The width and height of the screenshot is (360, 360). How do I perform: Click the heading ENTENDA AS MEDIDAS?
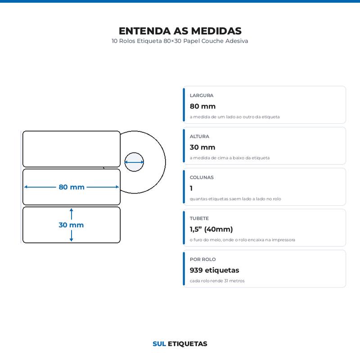click(180, 31)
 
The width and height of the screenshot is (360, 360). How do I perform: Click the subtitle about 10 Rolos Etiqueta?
click(180, 41)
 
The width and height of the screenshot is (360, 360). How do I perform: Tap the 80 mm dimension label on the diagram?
click(72, 187)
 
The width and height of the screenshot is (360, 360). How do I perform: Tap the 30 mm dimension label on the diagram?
click(71, 225)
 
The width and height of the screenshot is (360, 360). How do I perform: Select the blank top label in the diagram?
click(72, 149)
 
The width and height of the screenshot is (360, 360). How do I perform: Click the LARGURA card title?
click(202, 95)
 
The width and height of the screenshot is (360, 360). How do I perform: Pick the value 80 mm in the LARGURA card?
click(202, 106)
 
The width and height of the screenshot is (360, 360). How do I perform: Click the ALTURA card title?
click(199, 137)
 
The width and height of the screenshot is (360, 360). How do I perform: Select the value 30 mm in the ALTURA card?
click(202, 148)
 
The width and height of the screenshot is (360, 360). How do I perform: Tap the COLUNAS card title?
click(202, 177)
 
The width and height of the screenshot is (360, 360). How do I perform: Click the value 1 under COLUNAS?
click(191, 188)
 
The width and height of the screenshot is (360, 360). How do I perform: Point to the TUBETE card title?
click(199, 219)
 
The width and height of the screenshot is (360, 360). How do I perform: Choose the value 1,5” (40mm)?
click(211, 229)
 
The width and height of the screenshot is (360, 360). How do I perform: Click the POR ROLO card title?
click(203, 260)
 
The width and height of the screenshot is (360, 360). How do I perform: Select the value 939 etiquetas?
click(215, 270)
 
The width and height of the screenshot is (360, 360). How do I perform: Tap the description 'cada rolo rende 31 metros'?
click(217, 281)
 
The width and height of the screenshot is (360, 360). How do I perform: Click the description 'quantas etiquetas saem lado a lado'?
click(235, 199)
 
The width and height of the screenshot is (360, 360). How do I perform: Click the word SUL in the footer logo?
click(159, 344)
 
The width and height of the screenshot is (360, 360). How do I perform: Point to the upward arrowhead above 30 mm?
click(72, 210)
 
